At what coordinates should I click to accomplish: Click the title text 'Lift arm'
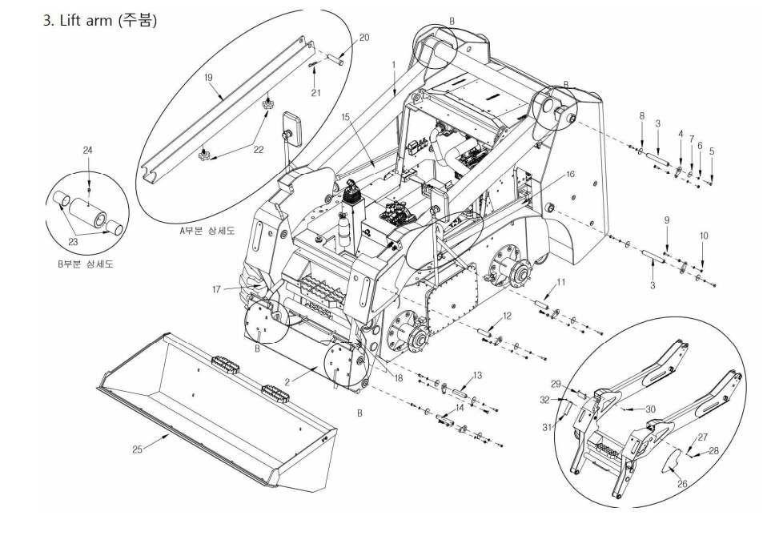85,20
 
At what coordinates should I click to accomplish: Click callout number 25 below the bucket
139,449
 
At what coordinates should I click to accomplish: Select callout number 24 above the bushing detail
88,150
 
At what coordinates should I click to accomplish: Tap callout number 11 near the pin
560,282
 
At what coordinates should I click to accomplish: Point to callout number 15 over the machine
346,117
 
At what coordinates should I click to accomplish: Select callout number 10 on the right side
703,236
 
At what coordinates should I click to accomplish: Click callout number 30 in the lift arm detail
651,409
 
